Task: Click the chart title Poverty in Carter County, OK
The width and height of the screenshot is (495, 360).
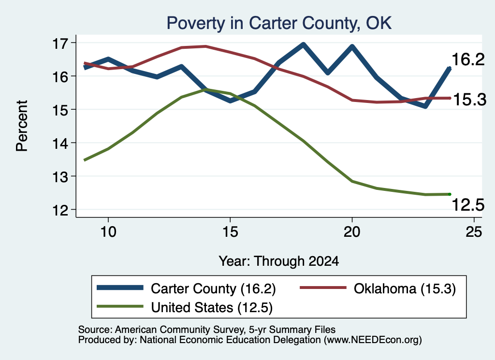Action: click(x=279, y=23)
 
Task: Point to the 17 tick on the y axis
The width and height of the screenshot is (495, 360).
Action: click(x=60, y=43)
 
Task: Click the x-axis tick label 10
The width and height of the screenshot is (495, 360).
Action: click(x=108, y=232)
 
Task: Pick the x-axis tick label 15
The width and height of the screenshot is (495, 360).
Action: click(x=230, y=232)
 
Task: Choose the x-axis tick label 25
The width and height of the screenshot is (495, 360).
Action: click(x=474, y=232)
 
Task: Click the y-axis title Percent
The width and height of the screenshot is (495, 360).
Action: click(x=22, y=126)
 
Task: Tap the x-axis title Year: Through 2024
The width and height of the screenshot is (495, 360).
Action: click(x=279, y=261)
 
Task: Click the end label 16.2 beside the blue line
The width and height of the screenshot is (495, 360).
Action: click(x=468, y=59)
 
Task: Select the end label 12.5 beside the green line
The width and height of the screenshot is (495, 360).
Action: click(x=468, y=205)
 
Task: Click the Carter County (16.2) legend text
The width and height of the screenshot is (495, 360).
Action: click(x=213, y=288)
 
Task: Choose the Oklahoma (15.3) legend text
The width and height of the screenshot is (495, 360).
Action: click(x=405, y=288)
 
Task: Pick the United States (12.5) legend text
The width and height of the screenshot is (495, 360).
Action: click(x=212, y=308)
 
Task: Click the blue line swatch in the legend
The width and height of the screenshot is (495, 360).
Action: click(x=120, y=288)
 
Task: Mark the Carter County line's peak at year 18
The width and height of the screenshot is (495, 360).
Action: click(x=303, y=44)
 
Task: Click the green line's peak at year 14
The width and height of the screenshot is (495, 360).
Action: click(x=205, y=89)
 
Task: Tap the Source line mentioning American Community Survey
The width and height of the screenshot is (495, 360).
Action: click(x=207, y=330)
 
